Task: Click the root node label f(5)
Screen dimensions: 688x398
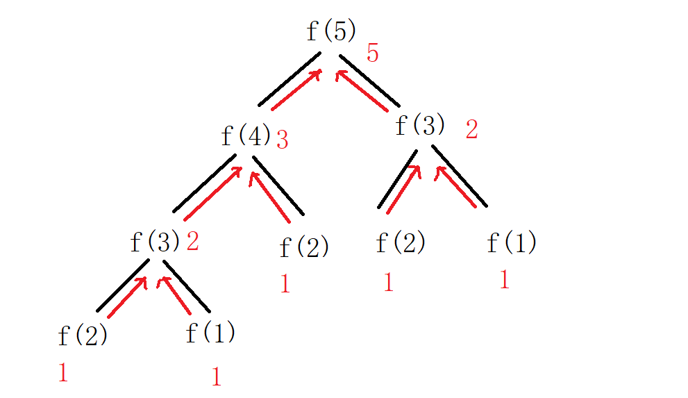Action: (331, 31)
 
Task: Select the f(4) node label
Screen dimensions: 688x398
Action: (245, 135)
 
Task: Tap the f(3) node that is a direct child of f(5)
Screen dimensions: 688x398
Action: (419, 126)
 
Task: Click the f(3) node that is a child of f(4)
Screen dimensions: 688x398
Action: (155, 242)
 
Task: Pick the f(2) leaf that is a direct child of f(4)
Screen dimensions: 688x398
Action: (303, 247)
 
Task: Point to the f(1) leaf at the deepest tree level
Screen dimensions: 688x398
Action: (210, 333)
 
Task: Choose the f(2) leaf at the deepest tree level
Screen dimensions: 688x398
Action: (83, 336)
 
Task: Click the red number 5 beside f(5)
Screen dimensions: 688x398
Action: (373, 53)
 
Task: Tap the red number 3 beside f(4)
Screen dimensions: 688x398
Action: (282, 140)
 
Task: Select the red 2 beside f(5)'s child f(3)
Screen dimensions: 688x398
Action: (471, 129)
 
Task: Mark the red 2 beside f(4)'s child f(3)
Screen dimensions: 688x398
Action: (192, 241)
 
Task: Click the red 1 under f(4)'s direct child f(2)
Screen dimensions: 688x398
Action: (285, 283)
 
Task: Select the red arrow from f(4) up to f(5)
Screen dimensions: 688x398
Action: (296, 90)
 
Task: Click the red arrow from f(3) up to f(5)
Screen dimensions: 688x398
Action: (361, 90)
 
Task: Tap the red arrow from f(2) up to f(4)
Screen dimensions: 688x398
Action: (269, 197)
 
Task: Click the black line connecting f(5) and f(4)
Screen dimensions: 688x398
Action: (289, 79)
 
